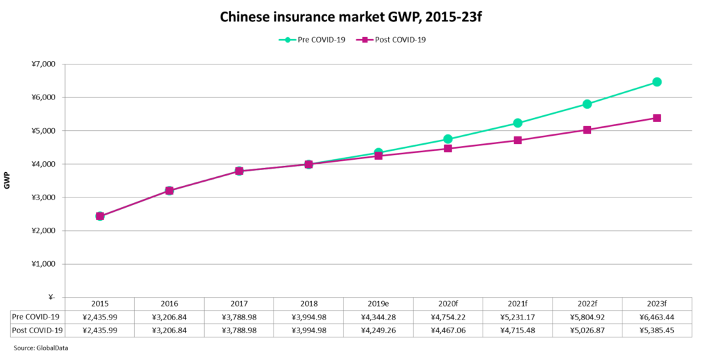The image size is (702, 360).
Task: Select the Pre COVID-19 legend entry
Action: (312, 40)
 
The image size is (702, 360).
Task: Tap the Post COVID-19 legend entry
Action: (391, 40)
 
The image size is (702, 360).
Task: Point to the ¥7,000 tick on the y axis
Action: (43, 64)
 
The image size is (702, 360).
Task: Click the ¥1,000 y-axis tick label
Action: (43, 264)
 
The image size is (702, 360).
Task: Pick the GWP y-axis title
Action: (7, 180)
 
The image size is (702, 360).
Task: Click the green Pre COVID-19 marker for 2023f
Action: (657, 82)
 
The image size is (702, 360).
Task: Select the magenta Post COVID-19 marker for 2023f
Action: (657, 118)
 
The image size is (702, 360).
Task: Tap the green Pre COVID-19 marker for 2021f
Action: (518, 123)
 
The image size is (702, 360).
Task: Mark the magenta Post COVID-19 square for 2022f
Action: (587, 130)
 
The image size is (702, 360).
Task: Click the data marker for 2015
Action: (100, 216)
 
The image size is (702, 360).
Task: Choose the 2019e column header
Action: (378, 304)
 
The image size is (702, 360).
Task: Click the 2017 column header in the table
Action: (239, 304)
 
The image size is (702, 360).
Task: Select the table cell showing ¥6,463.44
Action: (657, 317)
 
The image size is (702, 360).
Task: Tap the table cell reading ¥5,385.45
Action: (657, 331)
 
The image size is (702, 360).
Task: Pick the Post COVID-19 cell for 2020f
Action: (448, 331)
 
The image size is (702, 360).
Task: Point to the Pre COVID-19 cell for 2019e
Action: (378, 317)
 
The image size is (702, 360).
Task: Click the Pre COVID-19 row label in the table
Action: (36, 317)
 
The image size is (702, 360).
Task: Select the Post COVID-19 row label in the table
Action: (38, 331)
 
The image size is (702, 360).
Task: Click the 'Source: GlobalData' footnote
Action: (40, 348)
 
